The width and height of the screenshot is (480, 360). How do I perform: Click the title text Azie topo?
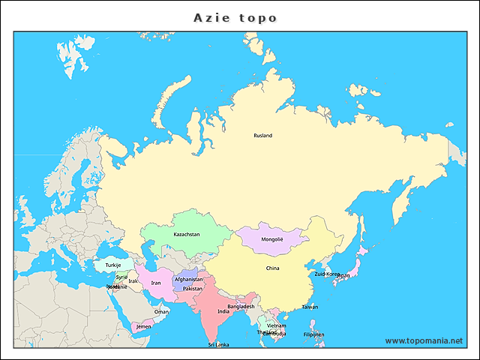point(235,17)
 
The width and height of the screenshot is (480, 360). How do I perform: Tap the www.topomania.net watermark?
point(424,340)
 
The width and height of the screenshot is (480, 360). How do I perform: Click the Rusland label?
point(262,136)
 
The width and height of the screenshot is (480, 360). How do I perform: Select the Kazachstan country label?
point(187,235)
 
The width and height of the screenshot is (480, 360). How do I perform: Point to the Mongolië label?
point(272,240)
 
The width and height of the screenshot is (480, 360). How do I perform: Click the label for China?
point(272,268)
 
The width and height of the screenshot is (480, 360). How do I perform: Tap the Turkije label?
point(112,265)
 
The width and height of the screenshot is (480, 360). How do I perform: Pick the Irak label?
point(133,281)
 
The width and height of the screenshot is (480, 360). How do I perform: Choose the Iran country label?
point(156,283)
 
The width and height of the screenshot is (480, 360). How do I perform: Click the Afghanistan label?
point(188,280)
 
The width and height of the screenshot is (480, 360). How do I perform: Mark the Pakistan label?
point(193,289)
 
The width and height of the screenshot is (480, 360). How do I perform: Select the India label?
point(223,311)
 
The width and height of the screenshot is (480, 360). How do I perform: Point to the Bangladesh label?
point(241,306)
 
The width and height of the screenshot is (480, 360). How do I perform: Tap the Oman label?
point(161,312)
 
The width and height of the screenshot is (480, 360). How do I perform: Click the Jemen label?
point(142,327)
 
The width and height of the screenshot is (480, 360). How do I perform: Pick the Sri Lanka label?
point(219,344)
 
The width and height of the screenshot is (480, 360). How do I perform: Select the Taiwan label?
point(310,307)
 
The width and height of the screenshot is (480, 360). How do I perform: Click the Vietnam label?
point(277,326)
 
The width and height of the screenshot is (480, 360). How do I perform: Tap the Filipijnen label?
point(314,334)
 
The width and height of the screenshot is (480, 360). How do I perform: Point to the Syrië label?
point(121,277)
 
